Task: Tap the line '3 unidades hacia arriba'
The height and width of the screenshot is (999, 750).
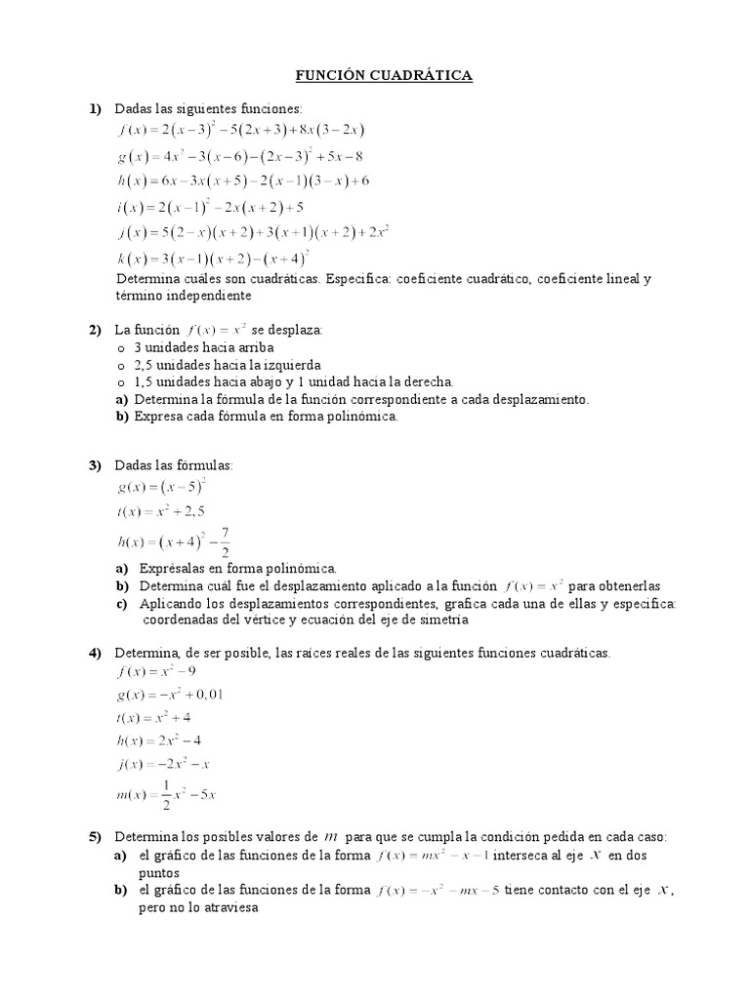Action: coord(203,347)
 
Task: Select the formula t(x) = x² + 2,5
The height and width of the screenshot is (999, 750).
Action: coord(160,511)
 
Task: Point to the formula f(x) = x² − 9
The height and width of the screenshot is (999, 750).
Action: coord(157,671)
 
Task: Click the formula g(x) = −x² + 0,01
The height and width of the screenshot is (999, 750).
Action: coord(170,695)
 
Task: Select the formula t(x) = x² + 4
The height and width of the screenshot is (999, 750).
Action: coord(154,718)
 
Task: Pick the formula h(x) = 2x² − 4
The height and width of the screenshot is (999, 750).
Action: coord(160,742)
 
